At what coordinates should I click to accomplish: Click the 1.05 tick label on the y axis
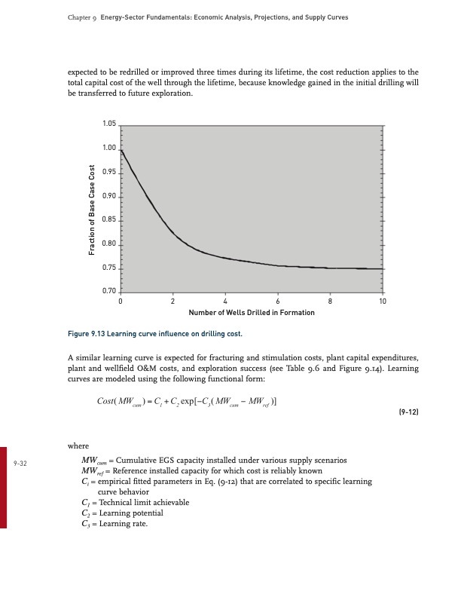pos(109,124)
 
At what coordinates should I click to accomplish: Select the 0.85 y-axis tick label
pos(109,220)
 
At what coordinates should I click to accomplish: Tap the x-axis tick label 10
pos(383,302)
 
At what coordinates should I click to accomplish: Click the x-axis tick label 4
pos(225,302)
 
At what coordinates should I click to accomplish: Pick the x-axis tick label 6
pos(278,302)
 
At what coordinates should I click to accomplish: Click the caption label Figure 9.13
pos(88,332)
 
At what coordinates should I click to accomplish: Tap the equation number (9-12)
pos(406,414)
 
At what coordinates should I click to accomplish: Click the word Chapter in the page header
pos(69,17)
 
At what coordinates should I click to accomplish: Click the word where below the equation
pos(78,445)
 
